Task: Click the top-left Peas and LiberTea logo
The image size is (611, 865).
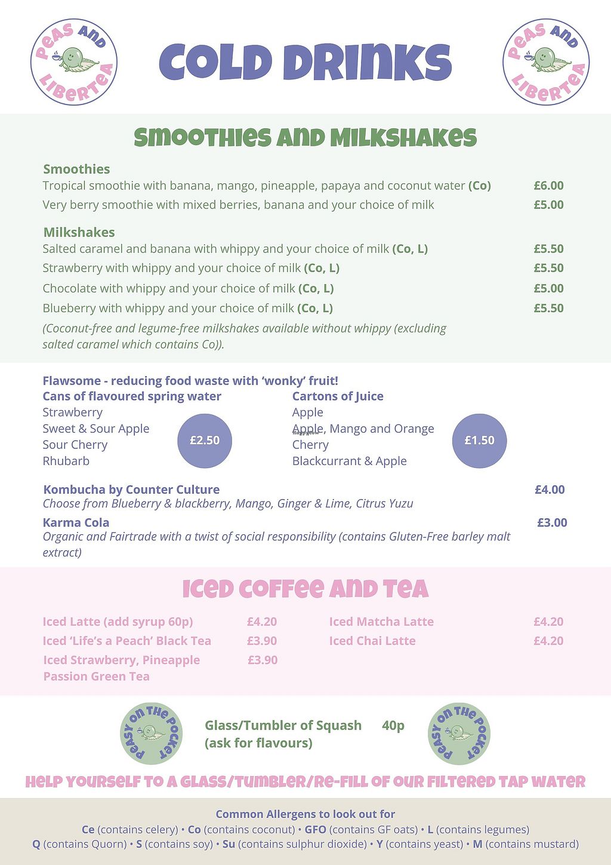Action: [74, 62]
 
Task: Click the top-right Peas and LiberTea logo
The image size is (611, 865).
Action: [545, 62]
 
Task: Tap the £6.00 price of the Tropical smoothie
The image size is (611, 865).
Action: [548, 186]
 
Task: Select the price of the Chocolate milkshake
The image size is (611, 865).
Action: [548, 288]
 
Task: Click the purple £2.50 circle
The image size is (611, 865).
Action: [205, 441]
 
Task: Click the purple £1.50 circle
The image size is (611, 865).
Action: [479, 441]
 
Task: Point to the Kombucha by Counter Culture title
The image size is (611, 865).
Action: [131, 490]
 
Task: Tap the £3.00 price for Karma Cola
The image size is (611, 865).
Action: [552, 522]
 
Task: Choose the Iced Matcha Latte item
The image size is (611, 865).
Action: [381, 621]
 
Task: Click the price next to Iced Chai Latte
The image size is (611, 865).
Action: [548, 641]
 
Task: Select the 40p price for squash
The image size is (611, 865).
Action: [393, 725]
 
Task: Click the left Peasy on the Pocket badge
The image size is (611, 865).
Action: [151, 733]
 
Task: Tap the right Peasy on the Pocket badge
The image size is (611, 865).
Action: [459, 733]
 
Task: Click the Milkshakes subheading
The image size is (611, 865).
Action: [79, 232]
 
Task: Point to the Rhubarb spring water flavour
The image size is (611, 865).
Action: [66, 461]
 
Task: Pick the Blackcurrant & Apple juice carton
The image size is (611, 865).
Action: [349, 461]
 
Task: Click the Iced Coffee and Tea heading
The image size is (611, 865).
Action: [305, 589]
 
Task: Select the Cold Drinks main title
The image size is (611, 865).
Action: [305, 62]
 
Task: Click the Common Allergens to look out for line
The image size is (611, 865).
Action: [305, 814]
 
